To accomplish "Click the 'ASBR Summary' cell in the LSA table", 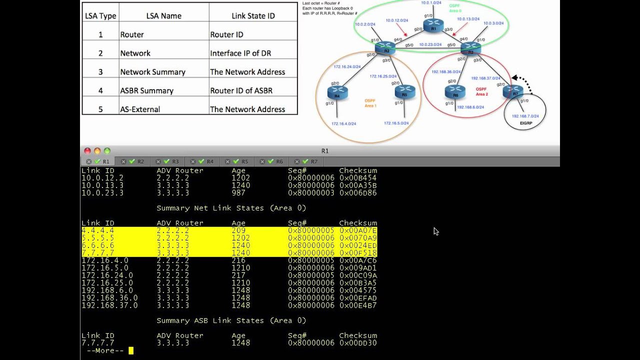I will point(146,90).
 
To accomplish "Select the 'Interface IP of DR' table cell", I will point(240,53).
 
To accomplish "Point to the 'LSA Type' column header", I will point(100,16).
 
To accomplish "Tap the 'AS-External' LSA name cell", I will point(140,109).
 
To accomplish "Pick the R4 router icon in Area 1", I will point(337,92).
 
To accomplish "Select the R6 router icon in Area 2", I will point(455,91).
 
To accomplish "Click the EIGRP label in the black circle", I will point(525,122).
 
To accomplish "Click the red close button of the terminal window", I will point(87,151).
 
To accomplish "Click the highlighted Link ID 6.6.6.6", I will point(98,245).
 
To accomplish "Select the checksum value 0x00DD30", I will point(358,343).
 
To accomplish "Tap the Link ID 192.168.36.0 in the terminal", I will point(109,298).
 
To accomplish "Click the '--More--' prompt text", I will point(105,350).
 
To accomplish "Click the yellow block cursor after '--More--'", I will point(131,350).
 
